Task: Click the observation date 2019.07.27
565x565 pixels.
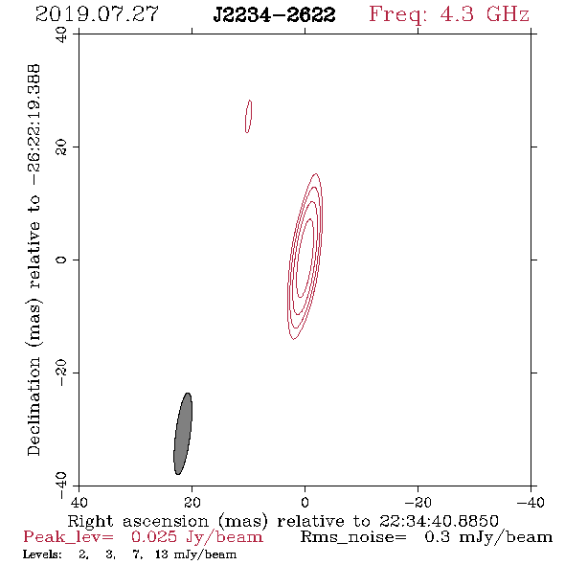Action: [x=97, y=14]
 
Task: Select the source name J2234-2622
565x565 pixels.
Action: [x=274, y=15]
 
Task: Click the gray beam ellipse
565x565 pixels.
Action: [x=183, y=434]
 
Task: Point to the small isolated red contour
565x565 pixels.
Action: [x=248, y=116]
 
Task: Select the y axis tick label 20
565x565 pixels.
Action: [x=61, y=147]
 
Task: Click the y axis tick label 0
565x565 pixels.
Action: [x=61, y=260]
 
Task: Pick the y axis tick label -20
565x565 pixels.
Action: [x=61, y=373]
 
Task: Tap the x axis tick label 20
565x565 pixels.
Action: [x=192, y=503]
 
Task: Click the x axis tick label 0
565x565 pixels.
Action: [x=305, y=503]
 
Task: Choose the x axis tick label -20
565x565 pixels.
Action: [x=418, y=503]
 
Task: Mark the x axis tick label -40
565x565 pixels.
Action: [x=531, y=503]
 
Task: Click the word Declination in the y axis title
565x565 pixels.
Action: [x=34, y=406]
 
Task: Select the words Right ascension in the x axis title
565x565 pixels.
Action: [x=138, y=521]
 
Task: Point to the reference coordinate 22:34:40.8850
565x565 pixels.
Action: [x=439, y=521]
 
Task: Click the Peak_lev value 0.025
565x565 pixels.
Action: [x=154, y=537]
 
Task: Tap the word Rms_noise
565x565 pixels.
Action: [x=353, y=537]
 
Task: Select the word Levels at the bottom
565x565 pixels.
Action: [x=42, y=554]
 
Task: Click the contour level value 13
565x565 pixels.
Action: [x=162, y=554]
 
